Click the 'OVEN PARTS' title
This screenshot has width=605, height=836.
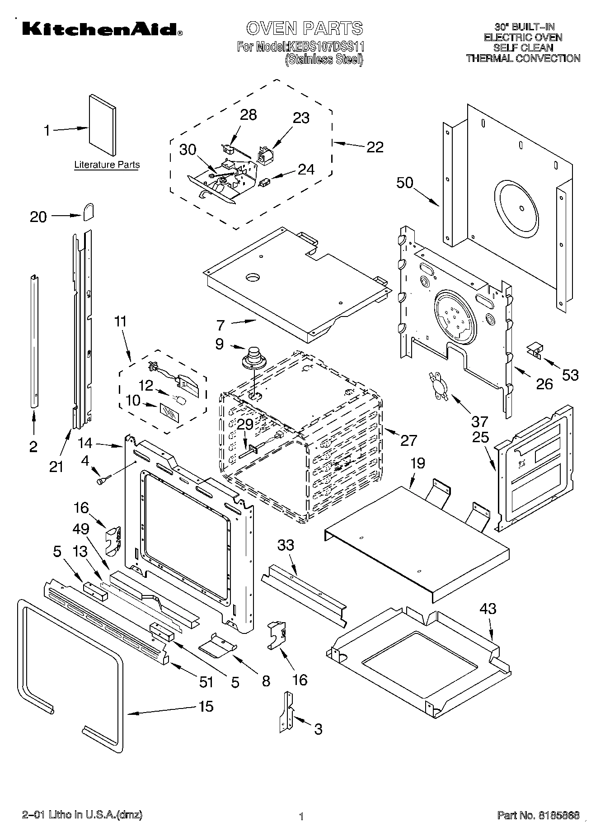click(304, 28)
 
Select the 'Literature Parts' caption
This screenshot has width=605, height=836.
click(107, 165)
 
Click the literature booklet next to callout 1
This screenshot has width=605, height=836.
click(102, 125)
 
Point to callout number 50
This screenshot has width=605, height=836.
click(405, 183)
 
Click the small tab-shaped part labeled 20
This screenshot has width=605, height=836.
click(89, 211)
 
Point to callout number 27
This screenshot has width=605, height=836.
click(408, 440)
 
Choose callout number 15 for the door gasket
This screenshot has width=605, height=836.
click(206, 706)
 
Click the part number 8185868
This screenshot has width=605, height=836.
click(558, 816)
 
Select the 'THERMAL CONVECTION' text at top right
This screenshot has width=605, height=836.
click(523, 58)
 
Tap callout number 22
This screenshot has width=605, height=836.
click(375, 147)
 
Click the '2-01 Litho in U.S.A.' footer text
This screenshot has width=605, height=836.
click(82, 815)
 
